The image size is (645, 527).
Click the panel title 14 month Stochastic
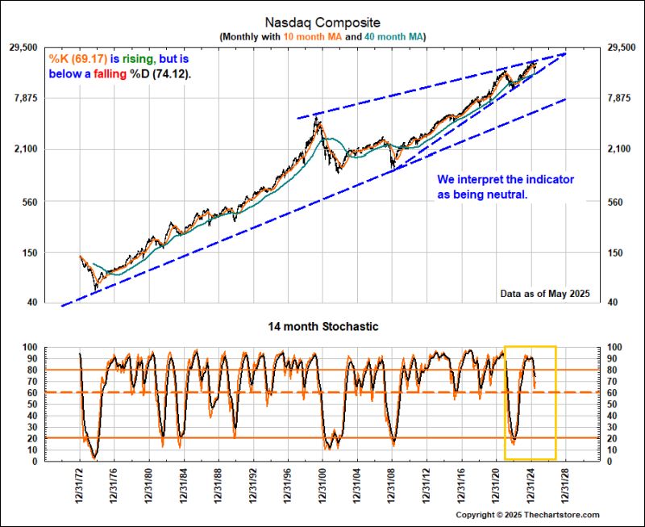click(x=322, y=327)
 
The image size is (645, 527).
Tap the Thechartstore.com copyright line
click(x=527, y=515)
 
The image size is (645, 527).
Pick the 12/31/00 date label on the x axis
click(x=323, y=485)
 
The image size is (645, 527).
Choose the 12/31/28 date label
click(x=567, y=485)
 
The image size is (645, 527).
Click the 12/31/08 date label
click(x=393, y=485)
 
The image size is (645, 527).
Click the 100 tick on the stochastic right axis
click(x=614, y=347)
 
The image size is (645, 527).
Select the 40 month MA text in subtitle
click(x=391, y=37)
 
